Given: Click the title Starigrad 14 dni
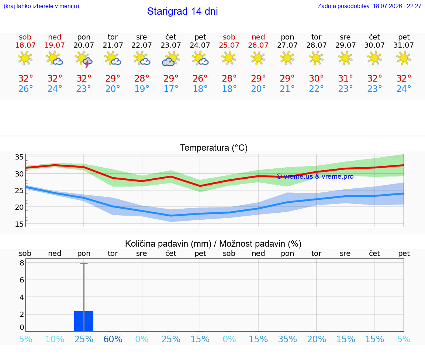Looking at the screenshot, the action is (x=182, y=11).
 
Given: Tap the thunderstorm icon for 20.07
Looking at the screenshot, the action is (x=84, y=59).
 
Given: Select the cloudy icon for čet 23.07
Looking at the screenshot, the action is (x=171, y=59).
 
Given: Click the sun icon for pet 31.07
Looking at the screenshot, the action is (x=404, y=58).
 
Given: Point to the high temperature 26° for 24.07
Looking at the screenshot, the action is (x=200, y=79).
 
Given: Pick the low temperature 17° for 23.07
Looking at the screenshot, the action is (x=171, y=89).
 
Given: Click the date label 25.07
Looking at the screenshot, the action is (x=229, y=45).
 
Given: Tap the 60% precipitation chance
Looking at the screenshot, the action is (x=113, y=339).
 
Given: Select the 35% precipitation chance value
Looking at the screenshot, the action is (x=287, y=339).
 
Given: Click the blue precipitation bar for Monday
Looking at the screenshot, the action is (x=84, y=321).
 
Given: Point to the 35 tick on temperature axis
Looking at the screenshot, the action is (x=19, y=157).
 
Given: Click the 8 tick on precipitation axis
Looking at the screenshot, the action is (x=22, y=263).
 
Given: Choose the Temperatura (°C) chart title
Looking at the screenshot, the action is (x=214, y=148).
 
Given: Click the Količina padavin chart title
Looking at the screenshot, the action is (x=213, y=244).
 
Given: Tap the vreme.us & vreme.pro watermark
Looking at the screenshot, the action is (x=315, y=176).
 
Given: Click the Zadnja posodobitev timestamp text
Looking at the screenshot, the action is (x=369, y=6).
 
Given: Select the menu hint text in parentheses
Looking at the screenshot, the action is (x=41, y=6).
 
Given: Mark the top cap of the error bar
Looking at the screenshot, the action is (x=84, y=263).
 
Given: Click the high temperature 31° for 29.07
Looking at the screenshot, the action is (x=345, y=79).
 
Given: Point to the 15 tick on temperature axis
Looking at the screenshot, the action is (x=19, y=224).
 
